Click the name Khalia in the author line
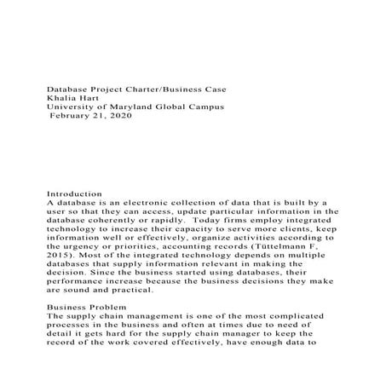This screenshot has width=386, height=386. coord(61,98)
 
